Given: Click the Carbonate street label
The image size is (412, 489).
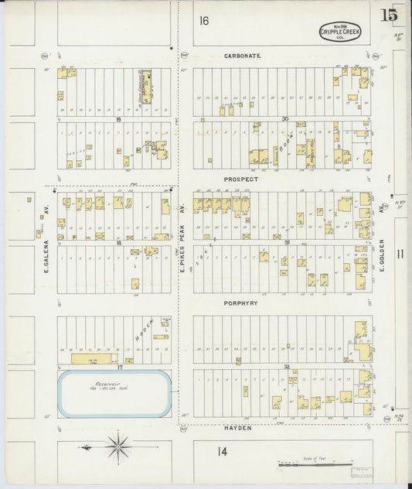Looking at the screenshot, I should click(x=242, y=56).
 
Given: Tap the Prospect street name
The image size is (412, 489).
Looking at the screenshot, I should click(x=240, y=179).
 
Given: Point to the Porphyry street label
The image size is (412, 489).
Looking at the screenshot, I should click(x=241, y=303).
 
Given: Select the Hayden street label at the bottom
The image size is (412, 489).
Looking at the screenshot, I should click(x=240, y=428).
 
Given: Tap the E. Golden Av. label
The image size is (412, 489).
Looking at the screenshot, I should click(x=382, y=255).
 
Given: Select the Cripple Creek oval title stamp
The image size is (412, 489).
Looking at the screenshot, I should click(x=340, y=32).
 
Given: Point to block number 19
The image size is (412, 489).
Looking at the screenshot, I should click(x=119, y=119).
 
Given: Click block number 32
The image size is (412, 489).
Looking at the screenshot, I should click(x=286, y=366).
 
